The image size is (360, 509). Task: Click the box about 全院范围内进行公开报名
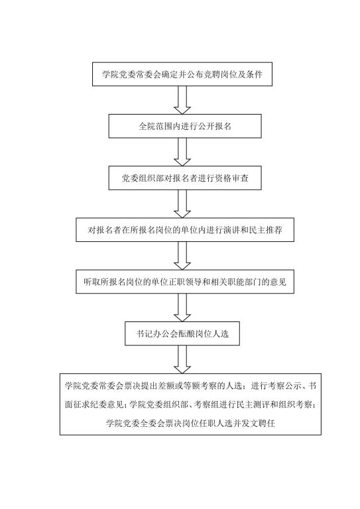[x=185, y=126]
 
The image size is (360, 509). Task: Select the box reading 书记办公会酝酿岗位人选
[x=182, y=333]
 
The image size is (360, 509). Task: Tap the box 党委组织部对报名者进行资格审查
[x=185, y=178]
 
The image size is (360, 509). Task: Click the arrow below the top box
[x=182, y=100]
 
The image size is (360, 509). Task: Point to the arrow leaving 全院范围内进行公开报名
[x=182, y=152]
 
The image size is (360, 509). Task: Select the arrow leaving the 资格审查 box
[x=182, y=204]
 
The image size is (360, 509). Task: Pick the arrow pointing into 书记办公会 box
[x=182, y=308]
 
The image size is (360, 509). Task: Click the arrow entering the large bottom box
[x=182, y=359]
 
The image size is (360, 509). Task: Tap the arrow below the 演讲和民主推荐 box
[x=182, y=255]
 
